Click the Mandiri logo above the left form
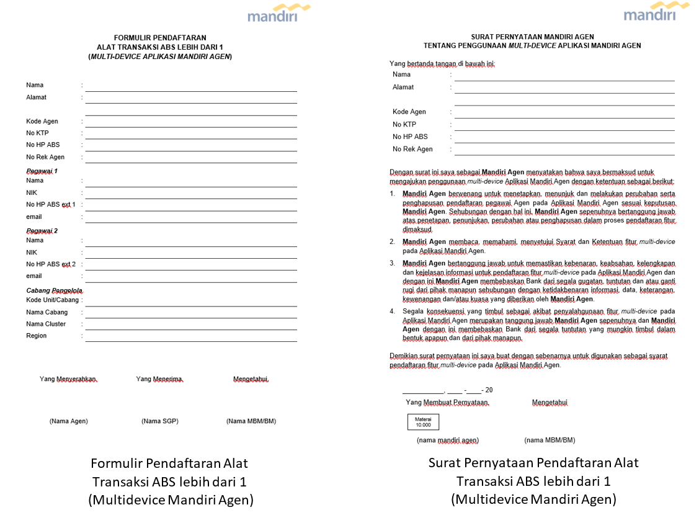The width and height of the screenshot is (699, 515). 278,14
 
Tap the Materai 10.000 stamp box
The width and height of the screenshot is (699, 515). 423,422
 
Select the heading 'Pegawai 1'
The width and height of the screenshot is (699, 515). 42,171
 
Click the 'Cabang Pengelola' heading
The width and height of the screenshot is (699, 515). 55,290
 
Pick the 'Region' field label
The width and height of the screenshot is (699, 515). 36,336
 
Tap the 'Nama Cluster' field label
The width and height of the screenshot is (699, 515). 46,324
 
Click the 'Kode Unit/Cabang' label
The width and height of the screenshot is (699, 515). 53,300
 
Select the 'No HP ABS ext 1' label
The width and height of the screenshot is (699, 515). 51,205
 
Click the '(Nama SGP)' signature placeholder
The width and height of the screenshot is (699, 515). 160,421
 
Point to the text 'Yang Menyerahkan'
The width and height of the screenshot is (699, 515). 68,379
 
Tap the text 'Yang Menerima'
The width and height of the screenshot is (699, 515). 159,379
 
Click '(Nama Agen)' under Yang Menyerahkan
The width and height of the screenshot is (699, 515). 69,421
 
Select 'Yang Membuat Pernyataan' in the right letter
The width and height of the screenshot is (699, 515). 447,403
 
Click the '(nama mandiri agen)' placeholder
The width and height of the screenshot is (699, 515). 448,441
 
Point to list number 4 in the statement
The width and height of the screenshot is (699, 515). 393,311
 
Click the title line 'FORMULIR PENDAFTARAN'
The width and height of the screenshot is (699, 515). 160,38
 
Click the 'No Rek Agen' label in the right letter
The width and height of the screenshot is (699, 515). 412,149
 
